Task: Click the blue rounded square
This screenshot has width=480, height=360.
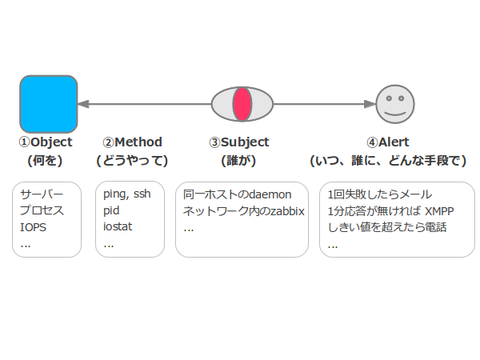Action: pyautogui.click(x=49, y=104)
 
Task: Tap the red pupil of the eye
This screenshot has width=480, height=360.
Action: pyautogui.click(x=242, y=104)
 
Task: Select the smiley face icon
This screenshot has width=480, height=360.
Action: pyautogui.click(x=395, y=104)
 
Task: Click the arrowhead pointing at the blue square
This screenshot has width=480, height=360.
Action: pyautogui.click(x=83, y=104)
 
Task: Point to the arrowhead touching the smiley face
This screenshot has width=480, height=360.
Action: pyautogui.click(x=370, y=104)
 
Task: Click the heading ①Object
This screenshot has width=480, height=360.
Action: pyautogui.click(x=46, y=142)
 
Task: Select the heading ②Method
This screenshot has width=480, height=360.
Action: pyautogui.click(x=132, y=142)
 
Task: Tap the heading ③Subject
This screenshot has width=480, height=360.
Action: pyautogui.click(x=239, y=142)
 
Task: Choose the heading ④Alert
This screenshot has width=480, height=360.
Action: pyautogui.click(x=388, y=142)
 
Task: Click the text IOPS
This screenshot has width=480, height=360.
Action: pyautogui.click(x=33, y=227)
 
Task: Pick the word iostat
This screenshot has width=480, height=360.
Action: pyautogui.click(x=118, y=227)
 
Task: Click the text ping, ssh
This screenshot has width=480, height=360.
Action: pyautogui.click(x=127, y=194)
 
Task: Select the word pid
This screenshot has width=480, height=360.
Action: pyautogui.click(x=111, y=210)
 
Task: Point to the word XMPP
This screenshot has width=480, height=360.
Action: pyautogui.click(x=439, y=211)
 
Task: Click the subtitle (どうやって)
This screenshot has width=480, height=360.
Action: pyautogui.click(x=132, y=161)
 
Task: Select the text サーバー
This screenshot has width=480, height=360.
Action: pyautogui.click(x=42, y=194)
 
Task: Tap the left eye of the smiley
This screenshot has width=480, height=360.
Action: pyautogui.click(x=389, y=98)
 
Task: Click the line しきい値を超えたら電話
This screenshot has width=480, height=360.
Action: pyautogui.click(x=387, y=227)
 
